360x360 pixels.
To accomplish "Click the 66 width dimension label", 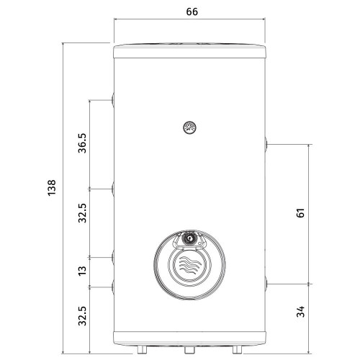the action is tap(192, 12).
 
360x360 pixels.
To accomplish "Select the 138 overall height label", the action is tap(52, 188).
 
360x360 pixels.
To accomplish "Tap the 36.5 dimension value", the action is tap(82, 143).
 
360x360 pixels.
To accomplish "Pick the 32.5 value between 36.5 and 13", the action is tap(82, 213).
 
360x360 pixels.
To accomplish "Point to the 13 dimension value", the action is tap(82, 271).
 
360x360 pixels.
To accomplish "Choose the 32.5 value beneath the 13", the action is tap(82, 316).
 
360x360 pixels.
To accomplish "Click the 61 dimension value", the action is tap(300, 213).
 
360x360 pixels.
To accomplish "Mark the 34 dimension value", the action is tap(300, 312).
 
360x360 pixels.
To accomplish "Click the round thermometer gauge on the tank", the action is tap(189, 127).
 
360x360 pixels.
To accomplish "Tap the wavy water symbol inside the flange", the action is tap(189, 265).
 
